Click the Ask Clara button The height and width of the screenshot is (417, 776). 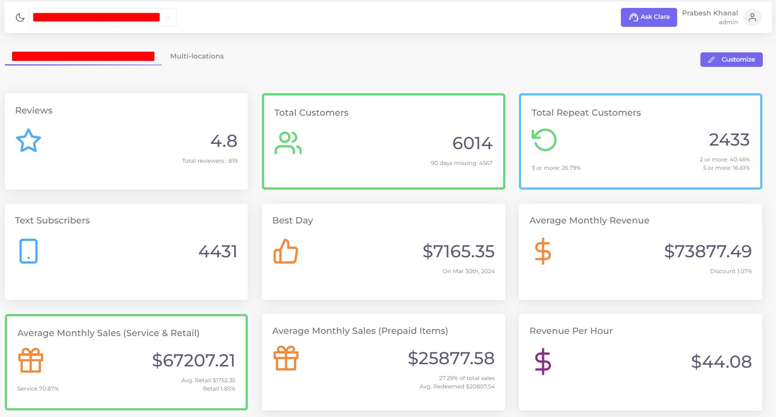[649, 17]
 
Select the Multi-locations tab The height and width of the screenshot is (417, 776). [197, 56]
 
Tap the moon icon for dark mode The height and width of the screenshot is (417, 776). [20, 18]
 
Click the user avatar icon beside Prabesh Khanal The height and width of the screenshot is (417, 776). [752, 18]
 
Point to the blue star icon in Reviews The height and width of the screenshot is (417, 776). [29, 141]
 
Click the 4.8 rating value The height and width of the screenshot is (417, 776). [224, 141]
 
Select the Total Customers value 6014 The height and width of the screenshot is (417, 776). [472, 143]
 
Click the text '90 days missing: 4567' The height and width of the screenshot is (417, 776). [461, 163]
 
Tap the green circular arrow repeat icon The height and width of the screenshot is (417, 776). [544, 140]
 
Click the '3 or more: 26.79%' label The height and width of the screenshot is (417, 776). [556, 168]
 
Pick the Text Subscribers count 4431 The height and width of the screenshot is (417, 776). [218, 252]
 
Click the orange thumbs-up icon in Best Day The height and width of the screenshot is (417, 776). [286, 252]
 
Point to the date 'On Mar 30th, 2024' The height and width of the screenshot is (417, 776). [468, 271]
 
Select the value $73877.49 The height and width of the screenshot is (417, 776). [707, 252]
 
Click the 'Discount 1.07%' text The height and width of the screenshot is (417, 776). [731, 271]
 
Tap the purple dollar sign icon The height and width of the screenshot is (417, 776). [543, 362]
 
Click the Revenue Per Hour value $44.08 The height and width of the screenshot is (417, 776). [721, 362]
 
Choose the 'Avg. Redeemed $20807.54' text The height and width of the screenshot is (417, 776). [457, 387]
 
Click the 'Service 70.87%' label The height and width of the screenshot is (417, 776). [38, 389]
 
